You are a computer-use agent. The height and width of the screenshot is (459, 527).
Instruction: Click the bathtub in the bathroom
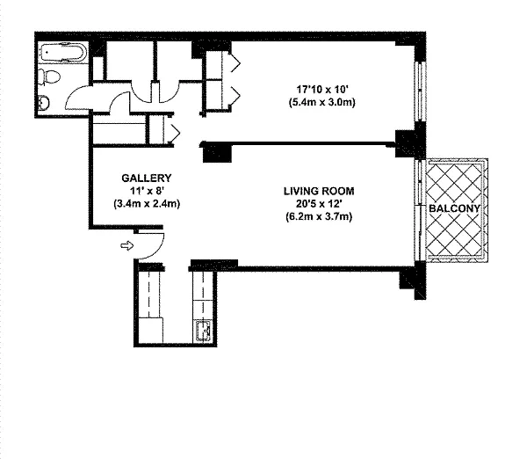63,52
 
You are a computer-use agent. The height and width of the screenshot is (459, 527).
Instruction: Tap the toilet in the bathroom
49,77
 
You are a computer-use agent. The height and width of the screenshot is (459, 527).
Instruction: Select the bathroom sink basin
44,102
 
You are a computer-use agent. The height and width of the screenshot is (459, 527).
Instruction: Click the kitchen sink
203,331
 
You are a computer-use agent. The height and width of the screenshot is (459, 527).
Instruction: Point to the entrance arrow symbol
127,245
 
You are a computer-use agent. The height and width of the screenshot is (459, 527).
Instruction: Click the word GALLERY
147,178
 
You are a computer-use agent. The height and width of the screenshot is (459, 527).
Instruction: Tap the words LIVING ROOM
319,191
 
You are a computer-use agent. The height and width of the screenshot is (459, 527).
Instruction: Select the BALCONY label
454,208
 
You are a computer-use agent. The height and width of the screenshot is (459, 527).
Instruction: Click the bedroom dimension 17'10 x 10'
322,90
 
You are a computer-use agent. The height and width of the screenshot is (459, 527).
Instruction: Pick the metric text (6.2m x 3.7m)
319,216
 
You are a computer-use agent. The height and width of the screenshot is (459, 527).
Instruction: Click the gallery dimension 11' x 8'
147,191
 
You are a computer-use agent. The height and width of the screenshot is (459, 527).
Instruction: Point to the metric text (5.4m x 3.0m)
322,102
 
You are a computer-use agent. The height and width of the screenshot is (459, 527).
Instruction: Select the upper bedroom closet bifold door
235,63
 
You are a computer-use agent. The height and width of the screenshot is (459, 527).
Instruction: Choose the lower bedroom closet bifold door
235,96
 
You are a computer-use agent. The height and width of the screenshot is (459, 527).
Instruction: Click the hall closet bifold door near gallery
176,133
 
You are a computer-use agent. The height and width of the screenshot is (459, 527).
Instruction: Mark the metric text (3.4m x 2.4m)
147,204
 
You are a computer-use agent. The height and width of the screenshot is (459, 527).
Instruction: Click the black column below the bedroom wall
217,153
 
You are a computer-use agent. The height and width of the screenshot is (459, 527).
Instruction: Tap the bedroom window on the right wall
420,91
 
